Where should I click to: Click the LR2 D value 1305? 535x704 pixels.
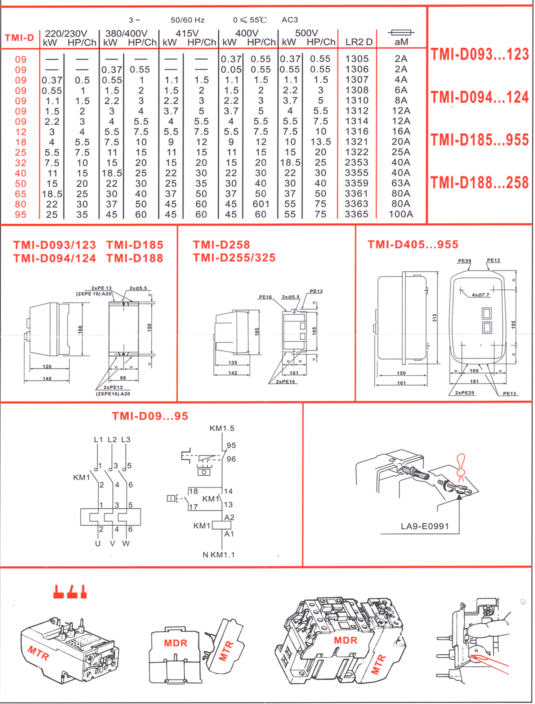tap(357, 59)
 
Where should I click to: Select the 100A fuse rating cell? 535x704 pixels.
tap(401, 214)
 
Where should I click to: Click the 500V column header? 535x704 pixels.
tap(306, 34)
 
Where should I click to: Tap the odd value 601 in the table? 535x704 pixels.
tap(261, 204)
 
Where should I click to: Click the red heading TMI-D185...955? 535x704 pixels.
tap(480, 140)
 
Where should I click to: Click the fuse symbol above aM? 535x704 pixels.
tap(401, 33)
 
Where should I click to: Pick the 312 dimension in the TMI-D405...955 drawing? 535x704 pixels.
tap(434, 317)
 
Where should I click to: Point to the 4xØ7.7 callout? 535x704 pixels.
tap(481, 295)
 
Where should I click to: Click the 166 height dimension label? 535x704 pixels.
tap(80, 329)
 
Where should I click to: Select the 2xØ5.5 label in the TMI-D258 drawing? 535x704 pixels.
tap(290, 297)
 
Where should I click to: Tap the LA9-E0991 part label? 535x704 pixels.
tap(425, 526)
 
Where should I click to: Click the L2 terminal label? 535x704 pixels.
tap(112, 440)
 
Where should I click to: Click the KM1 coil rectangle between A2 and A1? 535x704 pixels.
tap(221, 525)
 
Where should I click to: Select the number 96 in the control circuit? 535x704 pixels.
tap(231, 459)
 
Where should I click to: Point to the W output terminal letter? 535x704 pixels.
tap(126, 543)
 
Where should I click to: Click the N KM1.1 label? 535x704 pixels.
tap(218, 555)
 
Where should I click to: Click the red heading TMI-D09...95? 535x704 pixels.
tap(150, 416)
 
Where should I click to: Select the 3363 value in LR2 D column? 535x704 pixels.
tap(357, 204)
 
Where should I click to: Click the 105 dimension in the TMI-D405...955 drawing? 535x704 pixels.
tap(474, 371)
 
